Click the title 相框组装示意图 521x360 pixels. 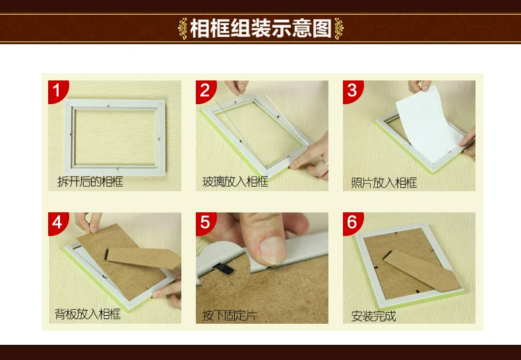(261, 28)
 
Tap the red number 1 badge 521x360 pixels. (57, 90)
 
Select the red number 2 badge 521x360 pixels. (205, 90)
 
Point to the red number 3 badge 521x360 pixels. (352, 90)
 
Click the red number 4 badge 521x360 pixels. (57, 222)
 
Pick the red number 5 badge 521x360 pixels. (205, 222)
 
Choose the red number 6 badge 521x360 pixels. (352, 222)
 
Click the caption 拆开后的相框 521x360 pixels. (90, 182)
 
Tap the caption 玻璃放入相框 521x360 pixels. (235, 182)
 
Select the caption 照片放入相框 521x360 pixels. (384, 183)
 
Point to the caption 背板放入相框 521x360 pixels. (88, 314)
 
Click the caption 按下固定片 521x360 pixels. (230, 315)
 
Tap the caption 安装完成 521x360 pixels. (373, 316)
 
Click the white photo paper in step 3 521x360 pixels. (427, 126)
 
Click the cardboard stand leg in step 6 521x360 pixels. (422, 271)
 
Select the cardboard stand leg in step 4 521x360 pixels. (144, 258)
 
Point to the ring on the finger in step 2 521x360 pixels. (326, 163)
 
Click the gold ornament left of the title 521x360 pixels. (183, 28)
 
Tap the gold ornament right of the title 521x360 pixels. (339, 28)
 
